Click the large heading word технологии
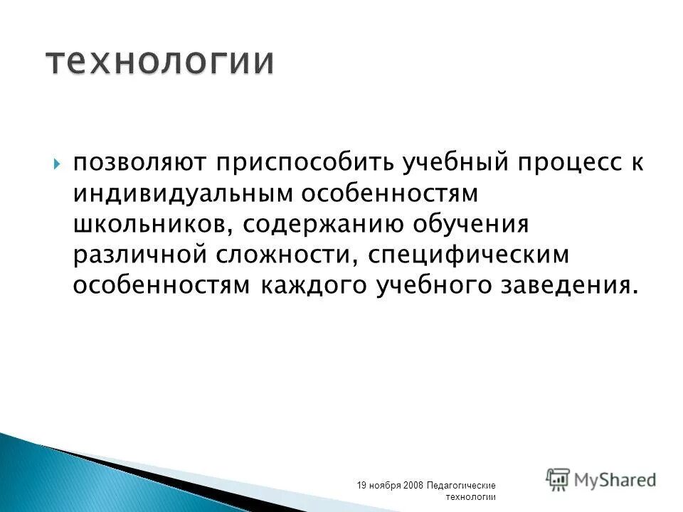click(x=160, y=61)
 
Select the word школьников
click(x=149, y=223)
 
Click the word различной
click(x=141, y=254)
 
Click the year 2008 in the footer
click(x=413, y=485)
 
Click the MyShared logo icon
click(x=558, y=479)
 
